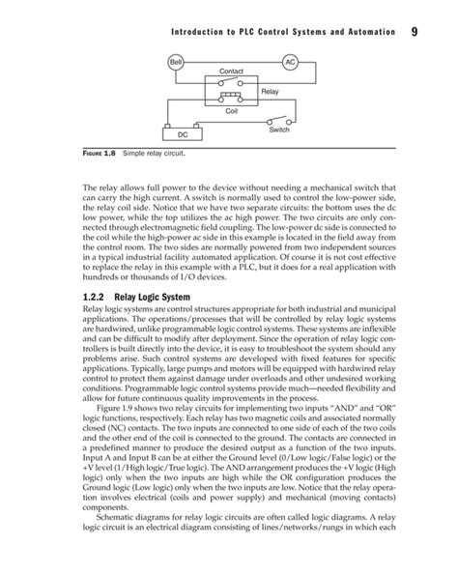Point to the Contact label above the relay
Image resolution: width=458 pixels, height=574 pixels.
[x=232, y=73]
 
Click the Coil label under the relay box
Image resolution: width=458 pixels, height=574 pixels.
[x=231, y=112]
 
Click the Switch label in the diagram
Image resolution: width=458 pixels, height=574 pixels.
[x=279, y=129]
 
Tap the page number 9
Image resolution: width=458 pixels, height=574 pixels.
[x=413, y=34]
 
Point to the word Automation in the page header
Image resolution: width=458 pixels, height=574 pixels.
[x=360, y=35]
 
